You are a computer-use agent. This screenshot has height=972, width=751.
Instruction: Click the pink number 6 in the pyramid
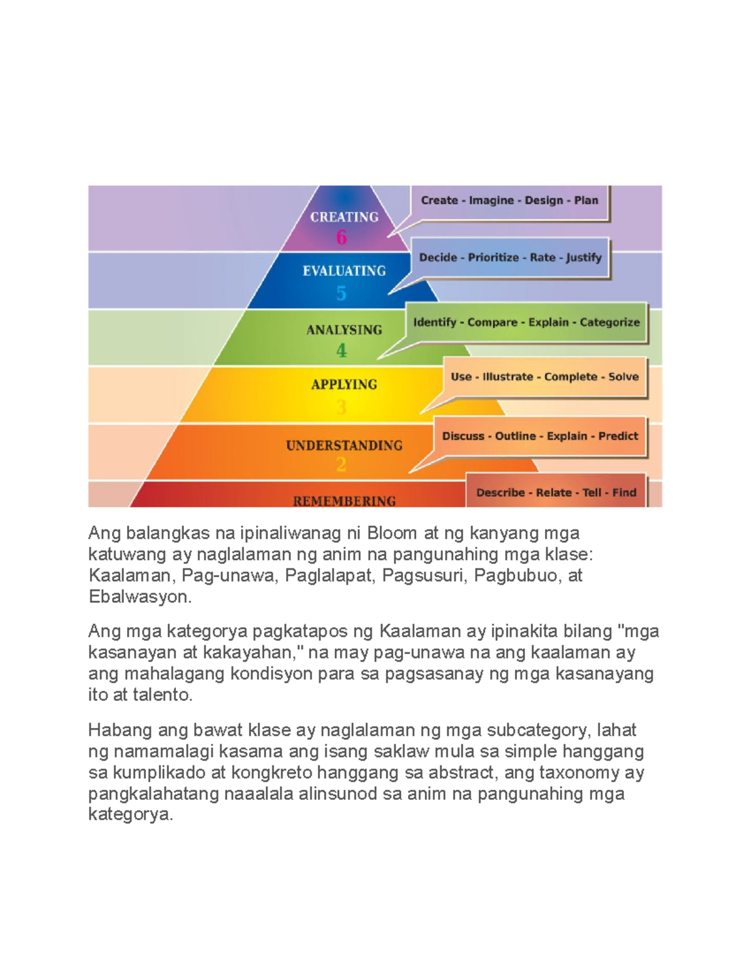coord(341,237)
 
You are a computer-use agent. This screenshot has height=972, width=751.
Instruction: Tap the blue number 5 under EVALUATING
coord(341,294)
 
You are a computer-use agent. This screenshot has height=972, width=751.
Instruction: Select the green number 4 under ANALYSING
coord(341,350)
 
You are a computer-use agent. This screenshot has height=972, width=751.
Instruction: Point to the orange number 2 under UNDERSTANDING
coord(341,464)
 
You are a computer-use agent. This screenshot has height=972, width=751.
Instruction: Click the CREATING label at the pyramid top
coord(344,217)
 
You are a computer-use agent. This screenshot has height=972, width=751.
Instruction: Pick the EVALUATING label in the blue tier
coord(344,270)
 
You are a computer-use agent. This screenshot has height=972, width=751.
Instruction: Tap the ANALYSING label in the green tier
coord(344,330)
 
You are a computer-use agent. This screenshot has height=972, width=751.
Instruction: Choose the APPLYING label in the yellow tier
coord(344,384)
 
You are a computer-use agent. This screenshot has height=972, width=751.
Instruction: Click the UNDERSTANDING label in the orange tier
coord(344,445)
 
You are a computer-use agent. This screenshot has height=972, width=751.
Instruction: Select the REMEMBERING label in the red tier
coord(344,501)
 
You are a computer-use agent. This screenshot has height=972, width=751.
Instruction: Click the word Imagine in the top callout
coord(491,201)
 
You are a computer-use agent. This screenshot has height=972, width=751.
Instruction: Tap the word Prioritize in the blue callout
coord(493,258)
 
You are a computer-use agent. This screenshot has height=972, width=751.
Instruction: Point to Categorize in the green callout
coord(610,322)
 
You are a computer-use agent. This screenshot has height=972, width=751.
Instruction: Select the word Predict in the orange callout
coord(618,436)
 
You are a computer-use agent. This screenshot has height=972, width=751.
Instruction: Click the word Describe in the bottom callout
coord(501,493)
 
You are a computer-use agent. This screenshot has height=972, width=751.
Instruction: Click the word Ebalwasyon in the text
coord(140,597)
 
